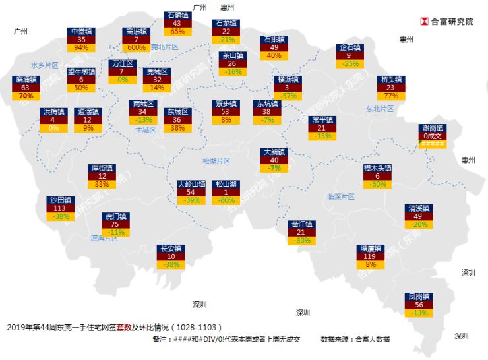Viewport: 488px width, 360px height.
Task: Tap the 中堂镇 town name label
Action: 82,31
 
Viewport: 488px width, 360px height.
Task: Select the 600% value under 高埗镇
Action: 136,47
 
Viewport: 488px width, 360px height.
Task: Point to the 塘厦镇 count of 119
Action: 370,256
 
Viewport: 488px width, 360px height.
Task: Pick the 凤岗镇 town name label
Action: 419,296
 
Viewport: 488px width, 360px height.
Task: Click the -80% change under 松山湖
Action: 227,200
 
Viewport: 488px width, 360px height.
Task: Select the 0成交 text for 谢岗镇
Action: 433,136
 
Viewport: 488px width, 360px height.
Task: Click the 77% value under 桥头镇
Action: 391,96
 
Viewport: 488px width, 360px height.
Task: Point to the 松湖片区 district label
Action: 216,160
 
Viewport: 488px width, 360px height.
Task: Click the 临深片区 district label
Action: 340,196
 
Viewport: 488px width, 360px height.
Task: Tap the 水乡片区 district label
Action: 45,65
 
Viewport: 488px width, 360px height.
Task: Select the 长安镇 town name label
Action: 171,249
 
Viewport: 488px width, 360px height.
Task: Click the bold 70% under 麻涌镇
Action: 26,96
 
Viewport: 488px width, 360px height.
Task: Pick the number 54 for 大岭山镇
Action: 191,192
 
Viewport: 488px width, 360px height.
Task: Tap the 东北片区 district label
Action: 379,109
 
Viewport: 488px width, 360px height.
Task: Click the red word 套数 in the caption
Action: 124,327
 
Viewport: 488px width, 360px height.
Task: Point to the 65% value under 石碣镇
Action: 177,31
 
